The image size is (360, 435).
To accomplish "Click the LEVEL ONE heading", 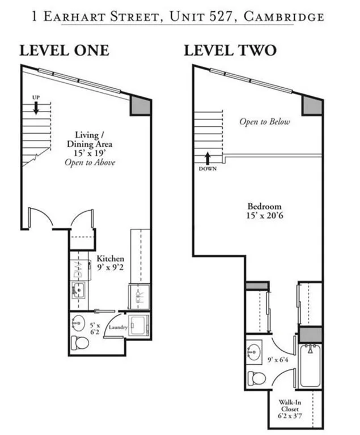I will [x=64, y=50].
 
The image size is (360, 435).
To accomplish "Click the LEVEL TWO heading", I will [x=230, y=50].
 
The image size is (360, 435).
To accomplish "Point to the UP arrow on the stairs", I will [x=36, y=107].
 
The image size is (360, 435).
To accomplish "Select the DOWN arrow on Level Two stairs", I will [x=207, y=158].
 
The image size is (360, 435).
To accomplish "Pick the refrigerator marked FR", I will [x=138, y=297].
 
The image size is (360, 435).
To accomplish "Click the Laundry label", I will [x=117, y=327].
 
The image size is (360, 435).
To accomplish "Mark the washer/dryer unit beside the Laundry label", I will [x=138, y=327].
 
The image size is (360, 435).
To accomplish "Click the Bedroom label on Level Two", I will [x=264, y=206].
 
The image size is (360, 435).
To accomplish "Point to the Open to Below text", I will [x=265, y=122].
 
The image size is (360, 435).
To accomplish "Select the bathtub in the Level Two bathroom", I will [x=310, y=368].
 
